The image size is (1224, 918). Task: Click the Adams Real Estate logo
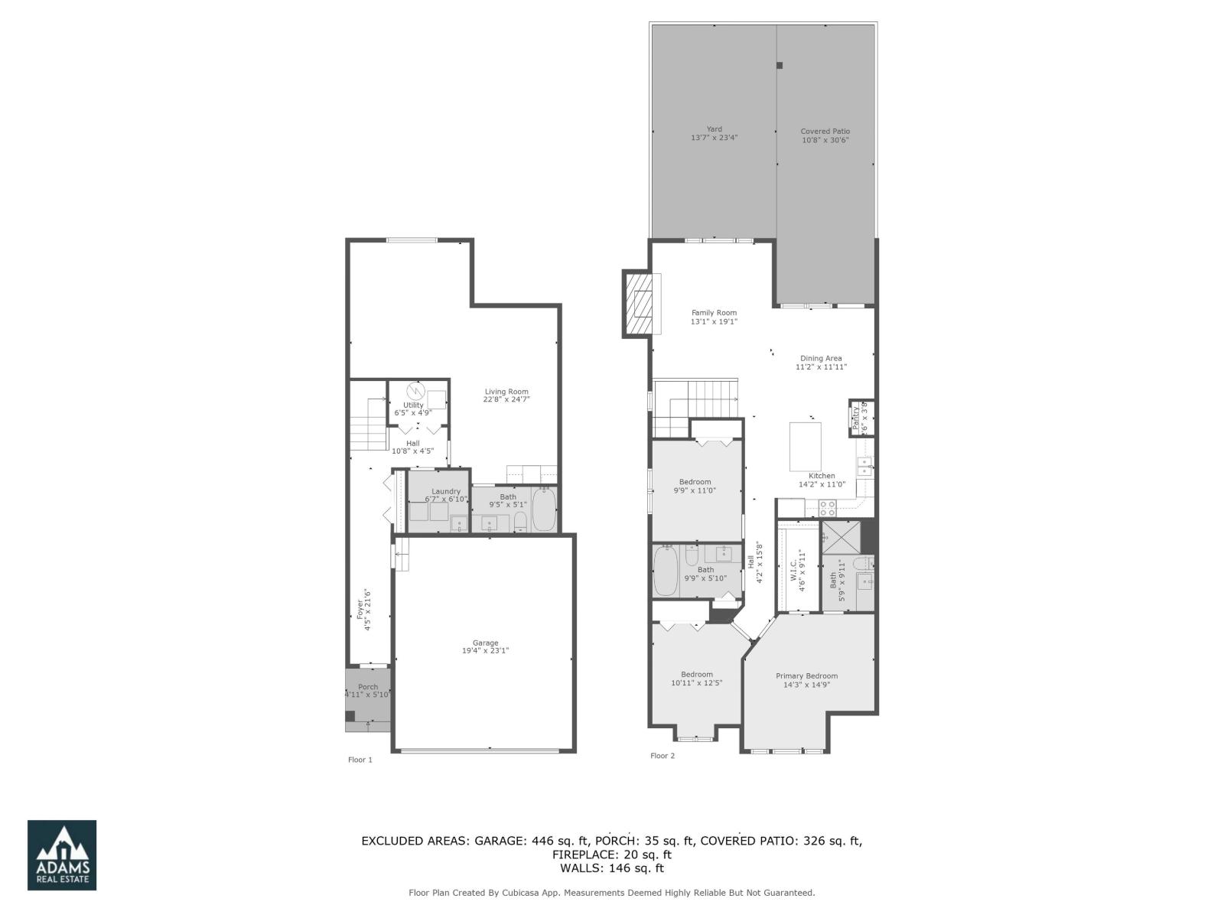[x=62, y=855]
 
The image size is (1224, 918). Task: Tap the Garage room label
[x=485, y=647]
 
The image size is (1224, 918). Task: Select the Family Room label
[x=714, y=317]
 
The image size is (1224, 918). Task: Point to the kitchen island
[x=805, y=447]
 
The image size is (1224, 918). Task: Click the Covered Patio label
[x=825, y=135]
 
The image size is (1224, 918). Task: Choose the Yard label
[x=714, y=134]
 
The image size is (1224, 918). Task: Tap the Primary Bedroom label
[x=806, y=680]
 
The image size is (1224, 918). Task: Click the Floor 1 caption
[x=360, y=760]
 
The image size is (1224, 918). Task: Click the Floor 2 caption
[x=662, y=756]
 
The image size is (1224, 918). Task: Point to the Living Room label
[x=506, y=396]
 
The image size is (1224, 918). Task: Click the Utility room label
[x=413, y=409]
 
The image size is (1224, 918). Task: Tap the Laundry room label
[x=446, y=495]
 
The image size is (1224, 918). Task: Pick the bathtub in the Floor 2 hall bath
[x=666, y=571]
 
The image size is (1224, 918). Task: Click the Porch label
[x=368, y=691]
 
